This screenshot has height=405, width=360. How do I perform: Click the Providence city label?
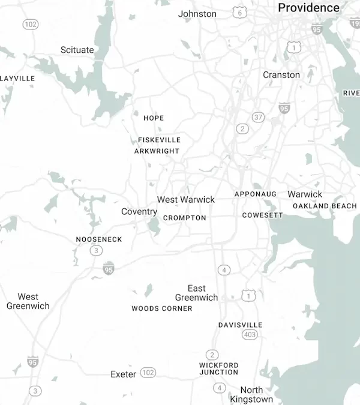click(308, 8)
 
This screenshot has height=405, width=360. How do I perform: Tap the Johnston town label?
click(197, 13)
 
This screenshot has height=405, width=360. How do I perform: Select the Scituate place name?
click(77, 50)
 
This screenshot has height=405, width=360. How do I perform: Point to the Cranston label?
click(281, 75)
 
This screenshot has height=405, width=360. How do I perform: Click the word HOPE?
click(154, 118)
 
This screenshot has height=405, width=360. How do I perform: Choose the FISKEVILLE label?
click(159, 140)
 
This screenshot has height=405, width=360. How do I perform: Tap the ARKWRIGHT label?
click(157, 151)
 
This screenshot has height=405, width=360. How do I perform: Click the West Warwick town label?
click(186, 199)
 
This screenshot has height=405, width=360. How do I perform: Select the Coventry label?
click(139, 212)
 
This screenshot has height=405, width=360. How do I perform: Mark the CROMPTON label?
click(185, 218)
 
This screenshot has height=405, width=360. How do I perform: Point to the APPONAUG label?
click(256, 194)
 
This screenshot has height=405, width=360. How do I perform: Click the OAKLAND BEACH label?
click(325, 206)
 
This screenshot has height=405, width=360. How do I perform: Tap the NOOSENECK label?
click(99, 239)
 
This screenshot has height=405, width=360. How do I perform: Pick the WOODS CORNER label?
click(162, 308)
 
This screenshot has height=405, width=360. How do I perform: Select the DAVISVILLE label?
click(240, 325)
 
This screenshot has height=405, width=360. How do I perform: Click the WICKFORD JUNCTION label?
click(219, 368)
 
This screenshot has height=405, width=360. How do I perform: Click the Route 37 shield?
click(258, 117)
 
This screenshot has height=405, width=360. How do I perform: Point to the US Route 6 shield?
click(240, 13)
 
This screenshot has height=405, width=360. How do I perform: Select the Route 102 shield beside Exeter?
click(148, 373)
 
